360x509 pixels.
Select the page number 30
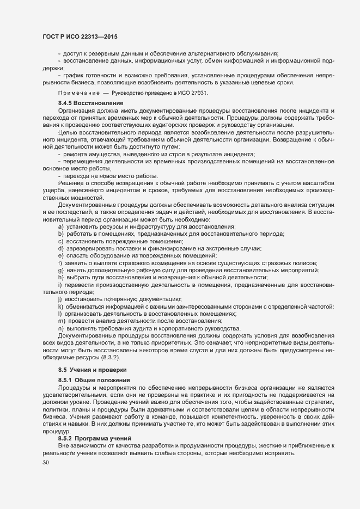pyautogui.click(x=46, y=463)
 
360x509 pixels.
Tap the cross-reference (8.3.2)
pyautogui.click(x=108, y=357)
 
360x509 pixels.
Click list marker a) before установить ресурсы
pyautogui.click(x=60, y=226)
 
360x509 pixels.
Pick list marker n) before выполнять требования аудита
pyautogui.click(x=60, y=328)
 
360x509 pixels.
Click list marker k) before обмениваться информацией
pyautogui.click(x=60, y=306)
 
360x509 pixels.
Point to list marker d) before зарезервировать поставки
pyautogui.click(x=60, y=248)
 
